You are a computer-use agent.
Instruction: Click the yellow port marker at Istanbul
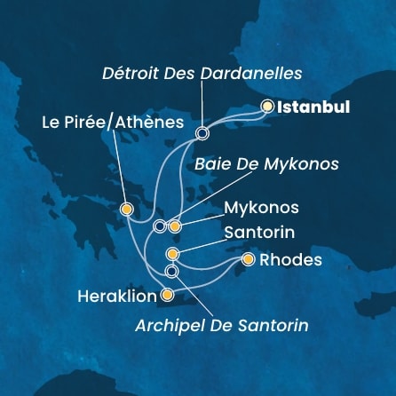[x=267, y=107]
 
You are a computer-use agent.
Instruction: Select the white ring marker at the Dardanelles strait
[x=202, y=134]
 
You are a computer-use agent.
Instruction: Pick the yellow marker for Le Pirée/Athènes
[x=127, y=210]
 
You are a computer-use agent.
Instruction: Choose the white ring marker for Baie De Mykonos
[x=159, y=226]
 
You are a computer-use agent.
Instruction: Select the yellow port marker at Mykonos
[x=175, y=226]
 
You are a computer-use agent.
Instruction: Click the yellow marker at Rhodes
[x=248, y=260]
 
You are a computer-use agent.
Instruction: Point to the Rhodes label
[x=293, y=260]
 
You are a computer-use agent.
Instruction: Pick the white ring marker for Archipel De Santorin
[x=171, y=271]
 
